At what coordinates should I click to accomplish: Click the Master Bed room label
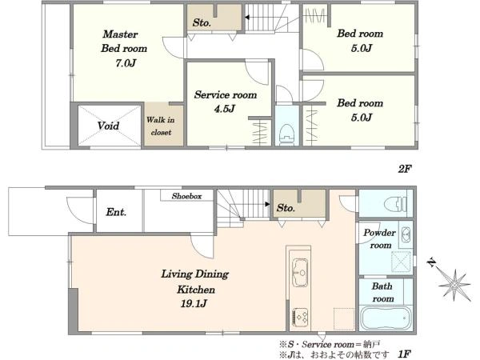coord(124,41)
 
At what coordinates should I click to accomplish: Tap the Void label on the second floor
coord(108,126)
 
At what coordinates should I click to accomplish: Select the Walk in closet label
coord(161,126)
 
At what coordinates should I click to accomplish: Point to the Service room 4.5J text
coord(226,102)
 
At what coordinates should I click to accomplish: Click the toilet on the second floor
coord(287,133)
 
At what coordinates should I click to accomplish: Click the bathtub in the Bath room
coord(386,318)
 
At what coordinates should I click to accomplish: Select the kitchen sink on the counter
coord(300,273)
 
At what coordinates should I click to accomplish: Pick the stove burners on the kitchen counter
coord(300,317)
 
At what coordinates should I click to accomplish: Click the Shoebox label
coord(186,196)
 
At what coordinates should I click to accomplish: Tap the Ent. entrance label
coord(116,212)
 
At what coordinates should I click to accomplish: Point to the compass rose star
coord(455,285)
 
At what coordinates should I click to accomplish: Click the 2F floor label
coord(405,169)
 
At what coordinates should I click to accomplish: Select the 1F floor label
coord(405,354)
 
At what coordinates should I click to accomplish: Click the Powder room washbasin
coord(406,235)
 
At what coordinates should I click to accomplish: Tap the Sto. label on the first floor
coord(286,208)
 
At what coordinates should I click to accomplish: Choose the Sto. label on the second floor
coord(202,22)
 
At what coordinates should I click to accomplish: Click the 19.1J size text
coord(194,304)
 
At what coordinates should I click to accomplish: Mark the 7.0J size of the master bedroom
coord(126,63)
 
